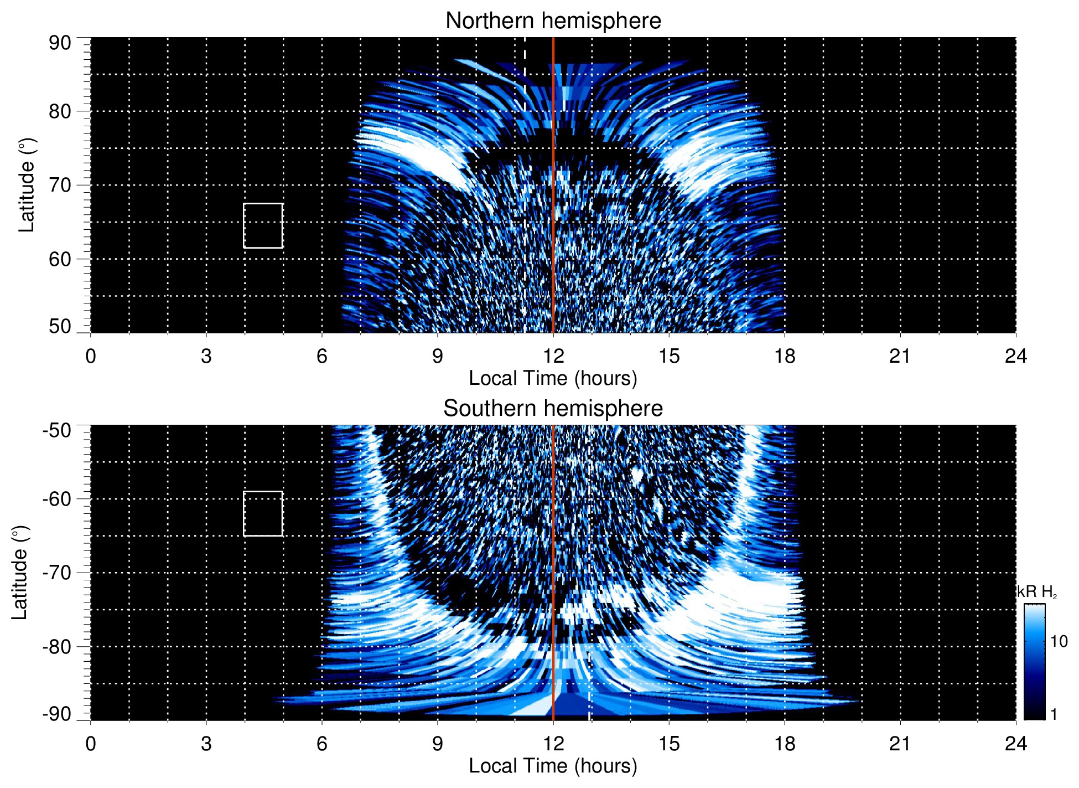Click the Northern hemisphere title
(x=553, y=21)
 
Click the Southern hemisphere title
(x=553, y=409)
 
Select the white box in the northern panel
(x=263, y=225)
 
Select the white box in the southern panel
(x=263, y=513)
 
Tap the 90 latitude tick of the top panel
(x=60, y=43)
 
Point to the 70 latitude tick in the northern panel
(x=60, y=185)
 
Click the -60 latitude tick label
(x=57, y=498)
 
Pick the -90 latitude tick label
(x=57, y=714)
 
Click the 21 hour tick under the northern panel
(x=900, y=356)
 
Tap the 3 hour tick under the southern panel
(x=206, y=744)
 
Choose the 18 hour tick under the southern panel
(x=785, y=744)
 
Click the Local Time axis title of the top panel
(x=553, y=378)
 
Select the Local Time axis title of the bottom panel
(x=553, y=766)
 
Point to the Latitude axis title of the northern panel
(x=27, y=185)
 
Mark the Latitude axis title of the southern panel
(x=19, y=573)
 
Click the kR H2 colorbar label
(x=1037, y=592)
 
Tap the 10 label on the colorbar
(x=1059, y=641)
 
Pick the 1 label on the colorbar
(x=1054, y=714)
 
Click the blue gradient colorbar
(x=1034, y=662)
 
